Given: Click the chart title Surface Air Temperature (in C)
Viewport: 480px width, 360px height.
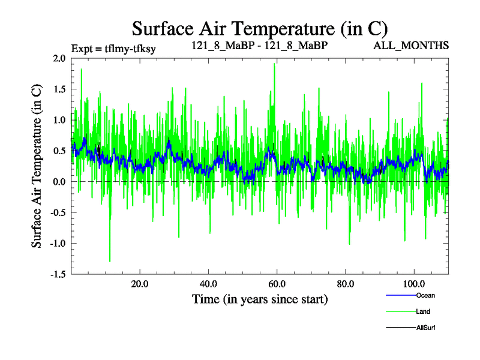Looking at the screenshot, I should click(260, 28).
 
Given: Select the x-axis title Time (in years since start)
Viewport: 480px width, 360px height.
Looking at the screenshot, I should click(260, 299).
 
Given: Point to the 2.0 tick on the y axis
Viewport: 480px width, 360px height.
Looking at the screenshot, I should click(59, 58).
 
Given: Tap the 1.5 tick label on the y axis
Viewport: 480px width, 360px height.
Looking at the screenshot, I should click(59, 89).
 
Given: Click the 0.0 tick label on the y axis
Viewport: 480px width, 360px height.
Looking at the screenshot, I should click(59, 182).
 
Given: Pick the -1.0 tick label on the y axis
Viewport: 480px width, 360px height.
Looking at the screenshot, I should click(57, 244).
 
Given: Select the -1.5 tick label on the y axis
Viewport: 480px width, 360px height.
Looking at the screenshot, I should click(57, 274).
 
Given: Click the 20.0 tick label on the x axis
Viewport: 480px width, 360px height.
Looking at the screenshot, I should click(140, 284).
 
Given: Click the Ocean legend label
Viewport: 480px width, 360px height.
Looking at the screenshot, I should click(425, 295).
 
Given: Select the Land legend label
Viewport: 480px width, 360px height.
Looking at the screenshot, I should click(423, 311).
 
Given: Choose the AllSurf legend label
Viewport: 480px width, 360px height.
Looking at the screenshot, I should click(426, 328).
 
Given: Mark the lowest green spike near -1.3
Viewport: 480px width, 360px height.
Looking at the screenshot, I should click(110, 261).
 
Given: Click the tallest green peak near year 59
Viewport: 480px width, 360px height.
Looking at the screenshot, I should click(274, 64).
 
